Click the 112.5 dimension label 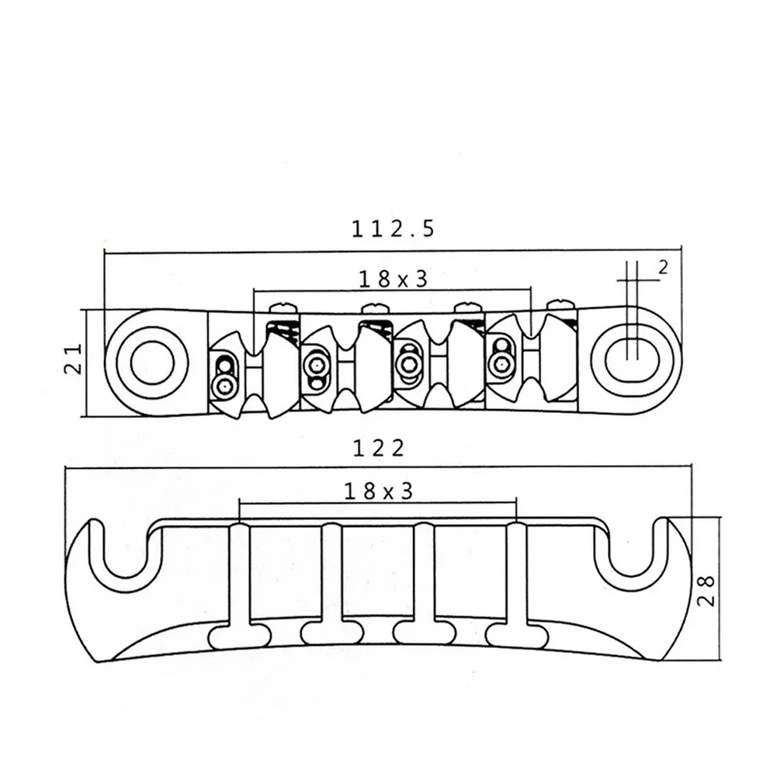click(x=393, y=230)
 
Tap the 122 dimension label click(x=379, y=449)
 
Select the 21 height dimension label click(x=74, y=359)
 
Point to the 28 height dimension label click(x=706, y=591)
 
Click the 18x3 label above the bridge click(x=393, y=279)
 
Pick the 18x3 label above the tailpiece click(x=379, y=491)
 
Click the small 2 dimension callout click(x=663, y=268)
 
